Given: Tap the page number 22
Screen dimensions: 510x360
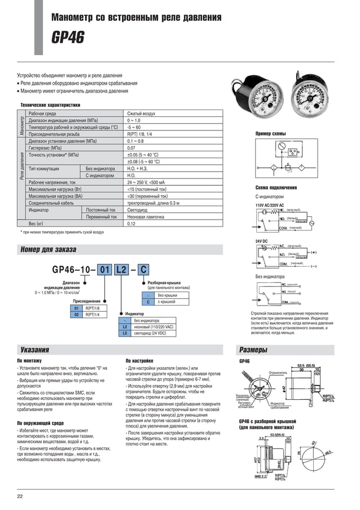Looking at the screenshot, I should [20, 496].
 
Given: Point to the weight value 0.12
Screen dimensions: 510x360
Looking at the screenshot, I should [131, 224].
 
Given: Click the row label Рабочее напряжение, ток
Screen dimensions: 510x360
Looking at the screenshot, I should [52, 182].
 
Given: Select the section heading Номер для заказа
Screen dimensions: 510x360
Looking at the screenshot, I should [48, 249].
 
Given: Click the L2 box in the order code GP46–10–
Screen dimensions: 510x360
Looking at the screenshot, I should [121, 269].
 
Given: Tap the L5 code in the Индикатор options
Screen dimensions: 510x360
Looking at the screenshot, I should [125, 334].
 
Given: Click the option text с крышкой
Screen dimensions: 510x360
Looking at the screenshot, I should [167, 302].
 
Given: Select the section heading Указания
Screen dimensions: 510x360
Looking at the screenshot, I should [34, 350].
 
